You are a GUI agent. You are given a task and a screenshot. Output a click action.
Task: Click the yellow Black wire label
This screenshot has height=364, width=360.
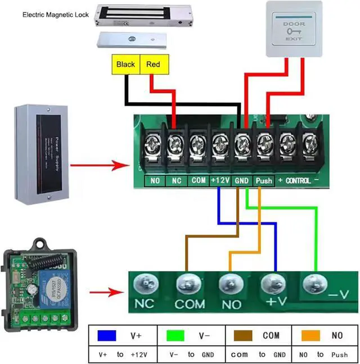tap(125, 65)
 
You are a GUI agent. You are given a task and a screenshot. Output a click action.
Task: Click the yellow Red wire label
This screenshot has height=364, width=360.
tap(153, 65)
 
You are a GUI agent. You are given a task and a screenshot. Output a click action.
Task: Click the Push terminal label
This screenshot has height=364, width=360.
tap(264, 181)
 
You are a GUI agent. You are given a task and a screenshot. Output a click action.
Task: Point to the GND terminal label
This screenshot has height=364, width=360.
tap(241, 181)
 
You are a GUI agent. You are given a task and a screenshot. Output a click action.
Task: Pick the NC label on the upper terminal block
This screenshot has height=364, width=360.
tap(176, 181)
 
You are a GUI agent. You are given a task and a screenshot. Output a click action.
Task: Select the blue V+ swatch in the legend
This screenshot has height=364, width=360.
tap(106, 335)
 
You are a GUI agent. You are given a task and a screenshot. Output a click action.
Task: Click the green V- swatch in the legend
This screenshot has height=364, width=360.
tap(176, 335)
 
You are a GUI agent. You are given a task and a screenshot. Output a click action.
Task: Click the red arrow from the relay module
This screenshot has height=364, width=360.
tap(106, 293)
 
